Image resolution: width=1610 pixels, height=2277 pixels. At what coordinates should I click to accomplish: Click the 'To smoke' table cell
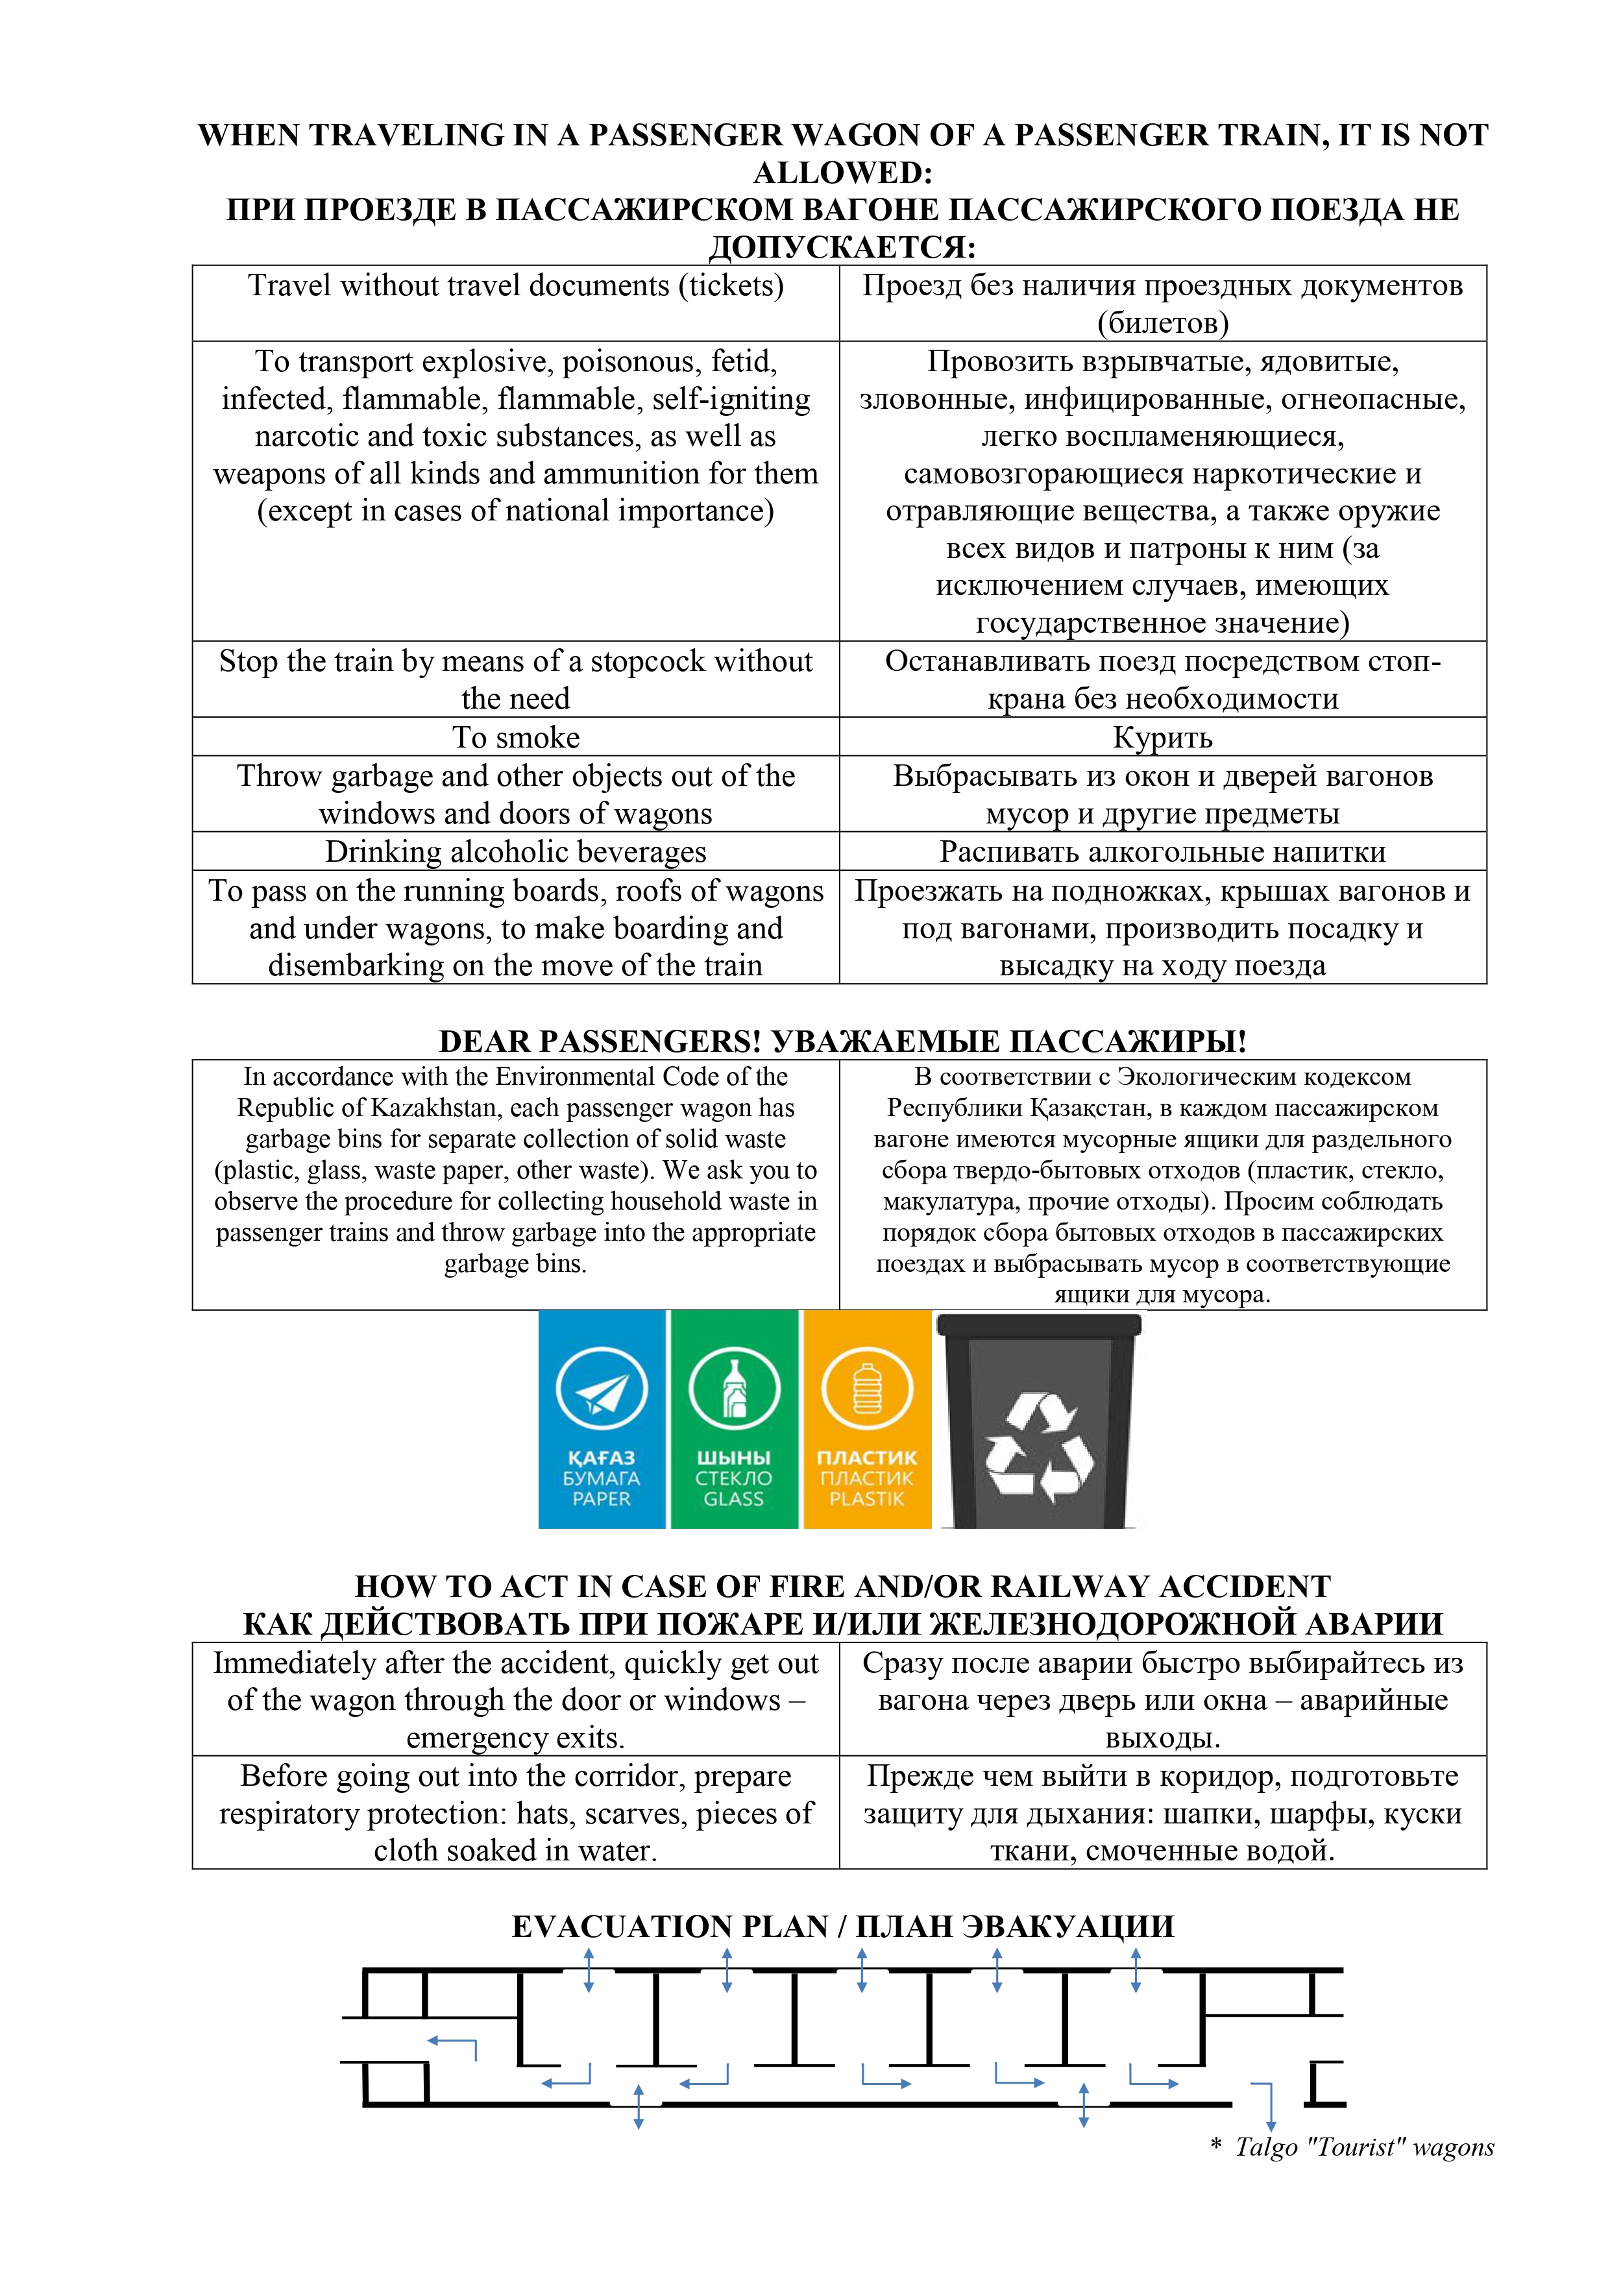(x=516, y=737)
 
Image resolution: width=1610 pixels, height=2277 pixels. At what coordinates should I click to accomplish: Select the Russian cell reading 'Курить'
(x=1163, y=737)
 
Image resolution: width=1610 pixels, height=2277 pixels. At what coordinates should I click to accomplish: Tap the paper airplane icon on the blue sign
(x=601, y=1391)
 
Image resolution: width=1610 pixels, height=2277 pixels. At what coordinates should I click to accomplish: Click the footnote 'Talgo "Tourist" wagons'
(x=1364, y=2147)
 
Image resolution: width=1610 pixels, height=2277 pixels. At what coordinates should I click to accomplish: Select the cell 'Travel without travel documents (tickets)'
(x=516, y=286)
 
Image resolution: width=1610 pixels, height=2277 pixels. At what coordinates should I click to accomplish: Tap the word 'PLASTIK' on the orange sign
(x=867, y=1498)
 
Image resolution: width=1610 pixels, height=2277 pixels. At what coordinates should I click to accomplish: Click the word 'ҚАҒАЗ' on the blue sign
(x=601, y=1458)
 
